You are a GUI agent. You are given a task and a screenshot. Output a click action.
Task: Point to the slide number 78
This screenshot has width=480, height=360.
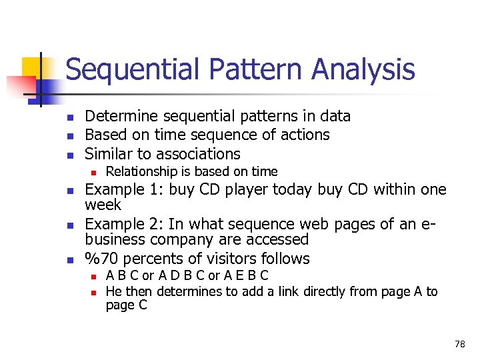pos(459,344)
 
